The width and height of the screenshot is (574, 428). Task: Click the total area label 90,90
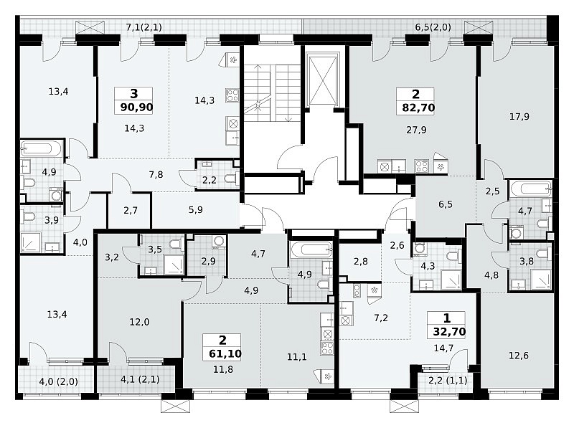[x=136, y=108]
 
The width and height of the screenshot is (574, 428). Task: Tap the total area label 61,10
[x=225, y=353]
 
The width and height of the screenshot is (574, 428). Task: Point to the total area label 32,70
[x=450, y=332]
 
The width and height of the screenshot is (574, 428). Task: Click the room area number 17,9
[x=519, y=117]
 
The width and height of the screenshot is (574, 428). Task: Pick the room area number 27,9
[x=416, y=130]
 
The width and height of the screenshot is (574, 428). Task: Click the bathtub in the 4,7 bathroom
[x=531, y=189]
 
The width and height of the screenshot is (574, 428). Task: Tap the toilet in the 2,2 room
[x=231, y=179]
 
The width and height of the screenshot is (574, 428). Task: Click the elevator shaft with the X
[x=322, y=80]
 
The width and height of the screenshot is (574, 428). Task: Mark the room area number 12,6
[x=519, y=355]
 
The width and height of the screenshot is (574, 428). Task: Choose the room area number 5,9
[x=196, y=210]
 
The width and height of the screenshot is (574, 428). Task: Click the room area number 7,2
[x=381, y=318]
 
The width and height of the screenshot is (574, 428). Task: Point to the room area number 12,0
[x=139, y=322]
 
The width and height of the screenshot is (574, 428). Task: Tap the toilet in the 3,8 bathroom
[x=543, y=254]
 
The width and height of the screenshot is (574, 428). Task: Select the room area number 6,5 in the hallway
[x=446, y=204]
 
